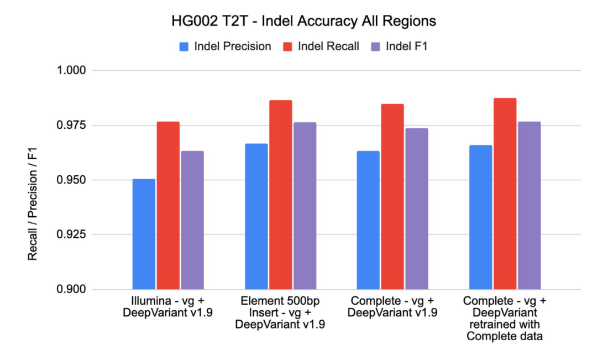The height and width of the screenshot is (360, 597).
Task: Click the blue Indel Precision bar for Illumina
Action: coord(144,234)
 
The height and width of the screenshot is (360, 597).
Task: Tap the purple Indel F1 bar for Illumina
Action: coord(192,220)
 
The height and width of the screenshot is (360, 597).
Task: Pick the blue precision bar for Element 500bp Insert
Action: coord(256,216)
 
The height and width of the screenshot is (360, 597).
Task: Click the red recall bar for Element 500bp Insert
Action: coord(280,195)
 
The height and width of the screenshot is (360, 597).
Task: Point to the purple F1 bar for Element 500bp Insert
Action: coord(304,206)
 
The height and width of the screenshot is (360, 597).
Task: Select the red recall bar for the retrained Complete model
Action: coord(505,194)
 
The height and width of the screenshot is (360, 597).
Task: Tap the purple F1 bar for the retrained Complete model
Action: coord(529,205)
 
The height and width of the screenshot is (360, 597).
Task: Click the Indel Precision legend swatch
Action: coord(184,46)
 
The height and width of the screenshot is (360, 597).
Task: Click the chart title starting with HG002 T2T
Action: coord(303,22)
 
